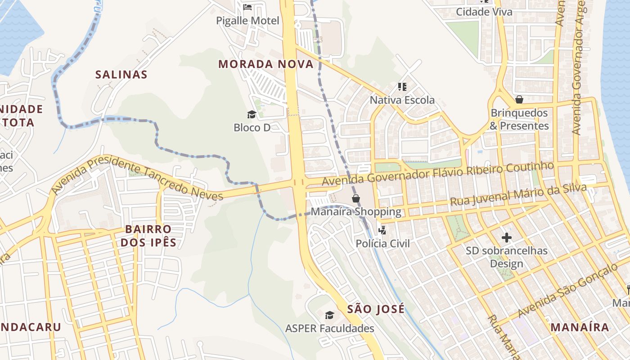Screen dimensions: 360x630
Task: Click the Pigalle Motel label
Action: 247,21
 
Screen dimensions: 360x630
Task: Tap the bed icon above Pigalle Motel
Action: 247,7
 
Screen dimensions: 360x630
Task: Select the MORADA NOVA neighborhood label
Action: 266,64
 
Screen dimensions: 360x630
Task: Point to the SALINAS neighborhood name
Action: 121,74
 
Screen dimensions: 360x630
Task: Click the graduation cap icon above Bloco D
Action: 252,114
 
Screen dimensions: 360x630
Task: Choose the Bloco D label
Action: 252,128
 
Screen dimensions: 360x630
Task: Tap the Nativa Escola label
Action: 402,100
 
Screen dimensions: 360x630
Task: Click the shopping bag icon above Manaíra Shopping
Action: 356,198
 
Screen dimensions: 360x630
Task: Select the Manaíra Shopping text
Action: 356,211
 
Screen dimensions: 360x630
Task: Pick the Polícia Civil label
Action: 382,243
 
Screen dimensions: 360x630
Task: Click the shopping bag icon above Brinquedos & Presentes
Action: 519,99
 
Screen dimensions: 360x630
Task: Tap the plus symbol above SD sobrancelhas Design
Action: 507,237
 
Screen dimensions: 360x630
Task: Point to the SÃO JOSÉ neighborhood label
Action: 376,309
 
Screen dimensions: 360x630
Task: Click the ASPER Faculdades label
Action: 330,328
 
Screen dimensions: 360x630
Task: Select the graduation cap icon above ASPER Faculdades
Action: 330,315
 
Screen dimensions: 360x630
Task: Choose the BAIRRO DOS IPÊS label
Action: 148,236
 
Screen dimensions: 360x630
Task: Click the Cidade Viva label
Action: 484,12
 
